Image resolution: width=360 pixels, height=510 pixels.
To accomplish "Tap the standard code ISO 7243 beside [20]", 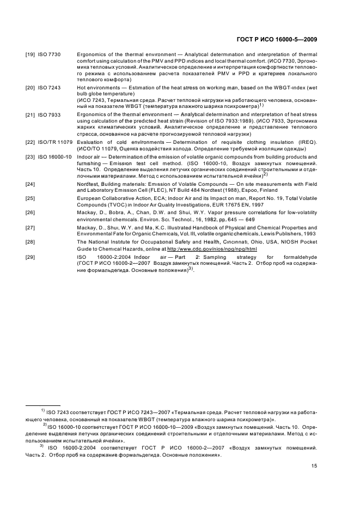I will (x=49, y=88).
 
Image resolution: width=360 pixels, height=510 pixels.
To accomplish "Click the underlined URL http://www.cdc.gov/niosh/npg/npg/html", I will (x=215, y=248).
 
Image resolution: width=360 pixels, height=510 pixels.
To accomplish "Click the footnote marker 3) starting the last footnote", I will (x=41, y=446).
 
